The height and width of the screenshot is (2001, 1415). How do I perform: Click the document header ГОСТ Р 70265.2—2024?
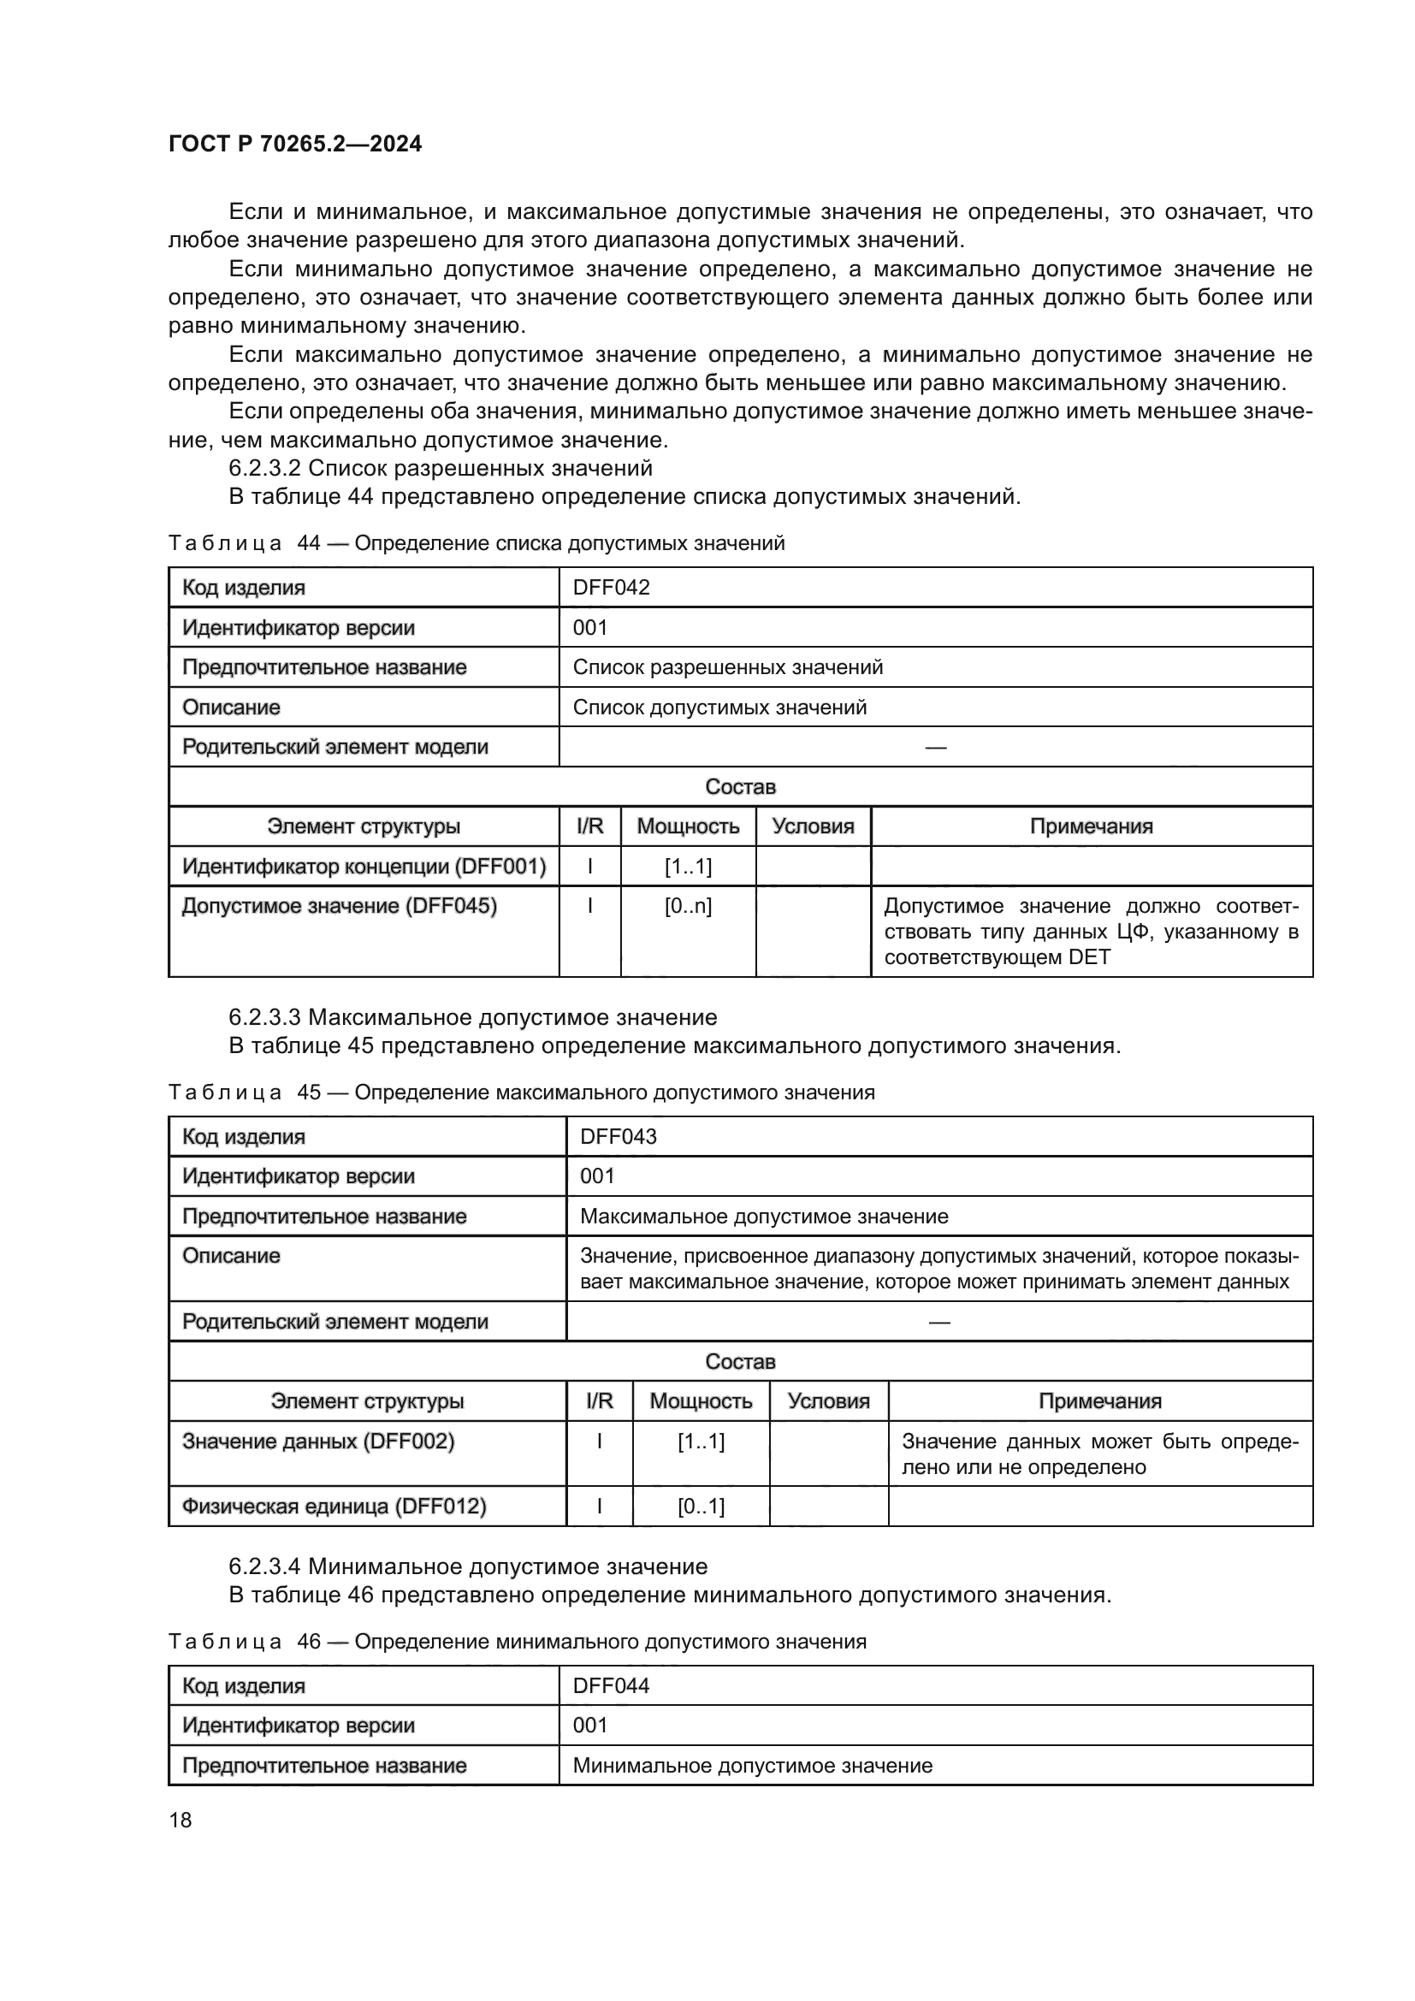tap(294, 144)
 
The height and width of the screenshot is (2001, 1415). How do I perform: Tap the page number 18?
tap(181, 1820)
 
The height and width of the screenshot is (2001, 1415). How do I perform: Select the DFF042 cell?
tap(611, 588)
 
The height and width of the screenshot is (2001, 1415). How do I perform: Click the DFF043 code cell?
tap(618, 1136)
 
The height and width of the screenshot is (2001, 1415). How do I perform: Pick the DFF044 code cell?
tap(611, 1685)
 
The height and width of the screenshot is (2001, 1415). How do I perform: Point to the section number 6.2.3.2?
tap(264, 468)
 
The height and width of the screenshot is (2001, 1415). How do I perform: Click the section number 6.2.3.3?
tap(264, 1017)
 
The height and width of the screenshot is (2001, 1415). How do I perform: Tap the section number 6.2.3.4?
tap(264, 1566)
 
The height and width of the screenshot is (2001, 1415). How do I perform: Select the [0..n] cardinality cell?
tap(688, 906)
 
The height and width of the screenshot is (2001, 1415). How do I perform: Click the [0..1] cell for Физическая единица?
tap(701, 1506)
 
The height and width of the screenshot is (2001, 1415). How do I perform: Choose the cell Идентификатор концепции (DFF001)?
tap(364, 867)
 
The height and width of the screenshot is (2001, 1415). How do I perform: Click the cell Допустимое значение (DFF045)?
tap(339, 906)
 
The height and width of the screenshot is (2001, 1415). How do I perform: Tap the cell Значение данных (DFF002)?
tap(318, 1442)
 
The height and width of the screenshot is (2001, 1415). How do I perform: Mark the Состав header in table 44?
tap(740, 787)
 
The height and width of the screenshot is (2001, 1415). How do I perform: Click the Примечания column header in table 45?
tap(1099, 1401)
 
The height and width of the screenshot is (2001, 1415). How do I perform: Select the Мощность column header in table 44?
tap(688, 826)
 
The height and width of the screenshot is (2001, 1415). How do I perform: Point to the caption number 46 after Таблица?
tap(310, 1642)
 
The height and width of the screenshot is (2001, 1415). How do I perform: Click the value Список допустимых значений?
tap(719, 707)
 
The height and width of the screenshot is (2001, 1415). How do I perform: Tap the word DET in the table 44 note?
tap(1089, 957)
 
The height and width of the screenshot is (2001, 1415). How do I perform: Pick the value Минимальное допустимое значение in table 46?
tap(753, 1766)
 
